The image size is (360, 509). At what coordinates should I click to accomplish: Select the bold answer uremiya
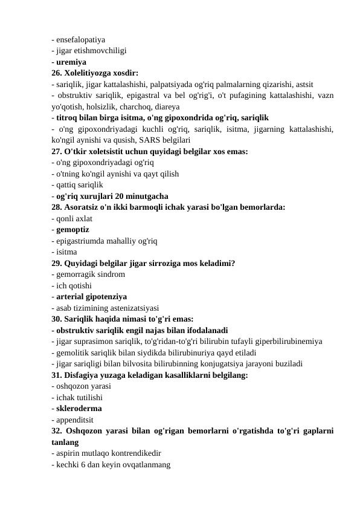(71, 62)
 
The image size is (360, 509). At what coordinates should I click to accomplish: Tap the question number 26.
(58, 73)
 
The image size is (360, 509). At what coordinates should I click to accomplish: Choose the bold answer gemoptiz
(72, 230)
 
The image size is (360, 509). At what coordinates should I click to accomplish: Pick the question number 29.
(58, 264)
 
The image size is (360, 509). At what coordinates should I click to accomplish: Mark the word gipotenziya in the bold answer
(106, 297)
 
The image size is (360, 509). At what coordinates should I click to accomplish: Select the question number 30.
(58, 319)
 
